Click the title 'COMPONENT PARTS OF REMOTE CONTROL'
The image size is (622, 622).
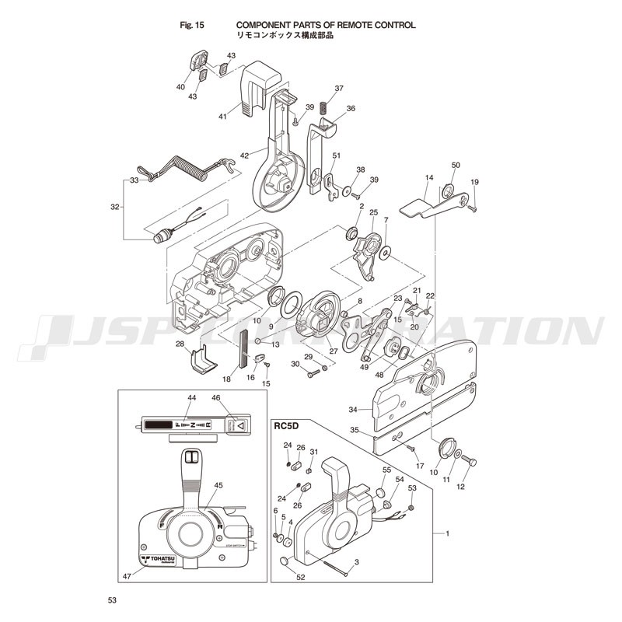[325, 25]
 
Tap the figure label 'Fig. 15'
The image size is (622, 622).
[191, 25]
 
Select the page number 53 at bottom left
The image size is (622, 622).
[113, 601]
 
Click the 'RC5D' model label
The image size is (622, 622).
[286, 425]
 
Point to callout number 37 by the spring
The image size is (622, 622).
[339, 88]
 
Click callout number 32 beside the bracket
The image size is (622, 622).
[116, 208]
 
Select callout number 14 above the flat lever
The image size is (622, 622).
[428, 178]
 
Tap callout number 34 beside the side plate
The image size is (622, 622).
[353, 410]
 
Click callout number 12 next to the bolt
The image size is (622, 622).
[460, 487]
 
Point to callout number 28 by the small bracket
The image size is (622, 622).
[180, 344]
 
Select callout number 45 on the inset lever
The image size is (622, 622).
[218, 485]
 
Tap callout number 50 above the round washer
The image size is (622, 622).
[456, 165]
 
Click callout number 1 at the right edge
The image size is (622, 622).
[446, 533]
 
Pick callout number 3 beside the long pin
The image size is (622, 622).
[356, 561]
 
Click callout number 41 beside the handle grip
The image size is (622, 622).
[222, 117]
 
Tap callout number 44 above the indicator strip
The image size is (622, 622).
[190, 398]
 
